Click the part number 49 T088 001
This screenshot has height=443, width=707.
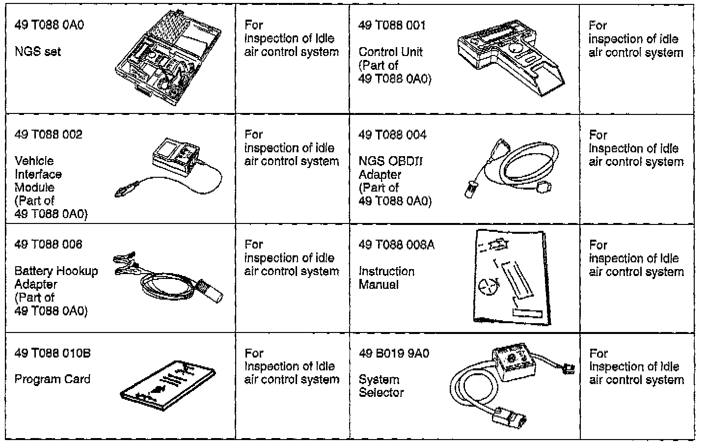tap(392, 25)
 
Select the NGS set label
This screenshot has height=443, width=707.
tap(38, 52)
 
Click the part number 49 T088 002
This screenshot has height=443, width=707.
tap(49, 135)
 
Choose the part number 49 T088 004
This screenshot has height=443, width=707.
tap(392, 135)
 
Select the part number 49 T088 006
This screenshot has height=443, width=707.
tap(49, 245)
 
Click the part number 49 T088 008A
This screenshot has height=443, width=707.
tap(396, 245)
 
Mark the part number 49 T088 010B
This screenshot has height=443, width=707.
tap(53, 353)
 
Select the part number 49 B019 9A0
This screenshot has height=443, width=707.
tap(394, 353)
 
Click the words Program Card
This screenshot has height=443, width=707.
tap(53, 379)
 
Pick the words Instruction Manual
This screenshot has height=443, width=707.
tap(386, 278)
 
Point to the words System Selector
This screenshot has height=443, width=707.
tap(381, 386)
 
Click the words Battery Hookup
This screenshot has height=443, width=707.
tap(56, 271)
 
